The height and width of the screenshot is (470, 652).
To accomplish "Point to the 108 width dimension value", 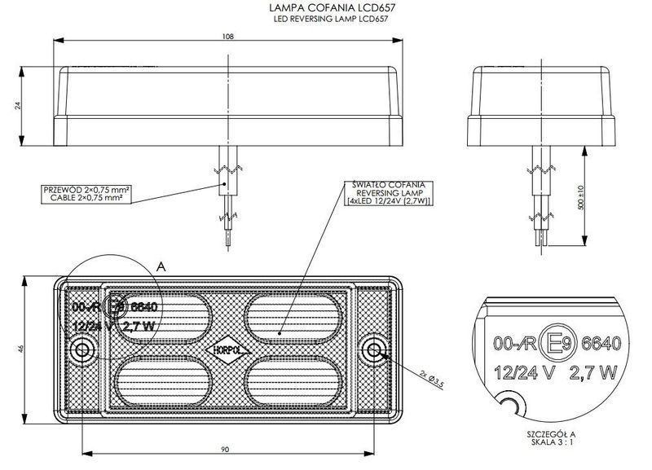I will pos(230,35).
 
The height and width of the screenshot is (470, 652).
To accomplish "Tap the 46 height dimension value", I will pos(20,349).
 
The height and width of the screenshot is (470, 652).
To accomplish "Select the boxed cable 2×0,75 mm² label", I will pos(88,192).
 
